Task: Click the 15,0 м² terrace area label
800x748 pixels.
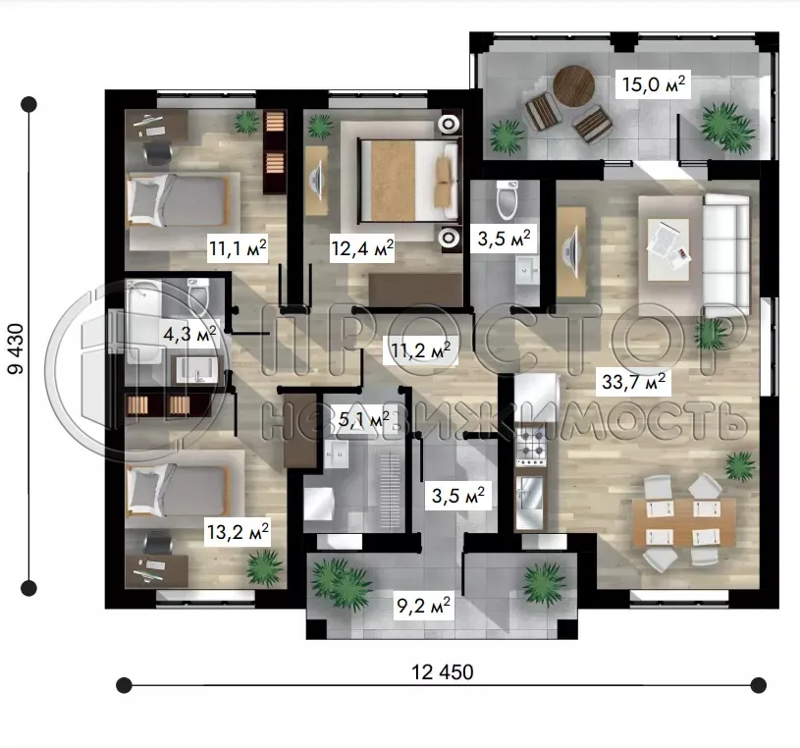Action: [x=653, y=84]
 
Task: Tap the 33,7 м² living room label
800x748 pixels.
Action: [x=633, y=382]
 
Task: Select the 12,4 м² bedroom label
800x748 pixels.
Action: [x=362, y=249]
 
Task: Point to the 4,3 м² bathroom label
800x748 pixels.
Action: [x=189, y=334]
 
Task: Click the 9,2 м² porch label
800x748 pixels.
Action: [x=423, y=607]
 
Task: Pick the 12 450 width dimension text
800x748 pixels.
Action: [x=443, y=672]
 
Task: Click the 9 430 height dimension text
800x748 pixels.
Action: [x=16, y=348]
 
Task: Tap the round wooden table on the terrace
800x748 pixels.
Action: [x=574, y=85]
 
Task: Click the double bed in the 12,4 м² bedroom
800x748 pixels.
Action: [x=408, y=180]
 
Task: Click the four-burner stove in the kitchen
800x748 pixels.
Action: [x=531, y=447]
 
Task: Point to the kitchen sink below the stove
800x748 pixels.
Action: [x=530, y=502]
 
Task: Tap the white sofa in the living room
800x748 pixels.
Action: [x=726, y=254]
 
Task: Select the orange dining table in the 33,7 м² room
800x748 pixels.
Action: [x=683, y=522]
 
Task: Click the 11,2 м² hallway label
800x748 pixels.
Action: [x=420, y=350]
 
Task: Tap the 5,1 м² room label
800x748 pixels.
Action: [x=364, y=419]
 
